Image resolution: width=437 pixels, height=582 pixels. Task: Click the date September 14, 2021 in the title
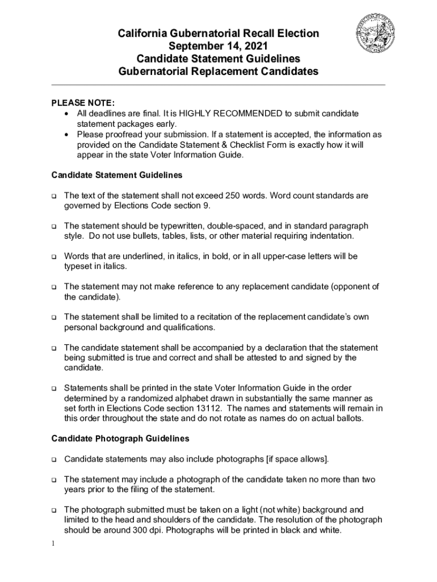(218, 47)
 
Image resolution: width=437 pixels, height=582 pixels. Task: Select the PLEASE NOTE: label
(83, 103)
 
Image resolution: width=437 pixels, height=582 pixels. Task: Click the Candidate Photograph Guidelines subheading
(120, 439)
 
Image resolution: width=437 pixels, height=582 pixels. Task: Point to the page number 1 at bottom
(52, 544)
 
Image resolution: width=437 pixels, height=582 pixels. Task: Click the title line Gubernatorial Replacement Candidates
(218, 72)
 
